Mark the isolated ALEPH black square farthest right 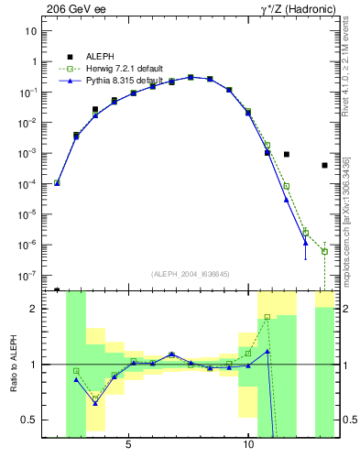pyautogui.click(x=324, y=166)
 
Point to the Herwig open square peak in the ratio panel pyautogui.click(x=267, y=317)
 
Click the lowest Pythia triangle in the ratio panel pyautogui.click(x=95, y=403)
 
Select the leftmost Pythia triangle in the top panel pyautogui.click(x=57, y=183)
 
